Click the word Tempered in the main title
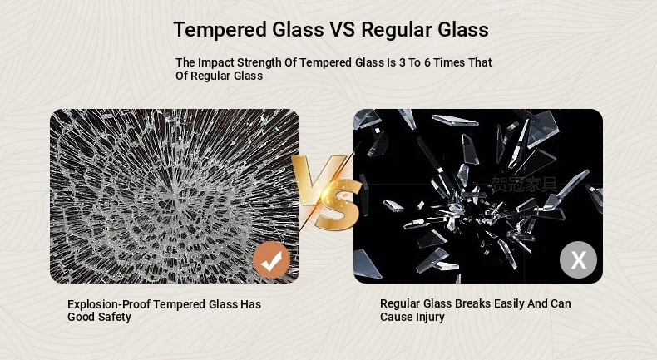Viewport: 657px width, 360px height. pyautogui.click(x=220, y=30)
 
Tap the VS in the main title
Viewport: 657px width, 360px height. pyautogui.click(x=342, y=30)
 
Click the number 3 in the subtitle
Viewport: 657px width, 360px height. pyautogui.click(x=403, y=62)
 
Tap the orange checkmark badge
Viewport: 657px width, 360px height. pyautogui.click(x=271, y=260)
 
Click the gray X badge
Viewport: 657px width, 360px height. pyautogui.click(x=578, y=260)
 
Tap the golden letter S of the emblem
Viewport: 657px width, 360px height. pyautogui.click(x=338, y=205)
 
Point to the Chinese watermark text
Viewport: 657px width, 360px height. pyautogui.click(x=525, y=185)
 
